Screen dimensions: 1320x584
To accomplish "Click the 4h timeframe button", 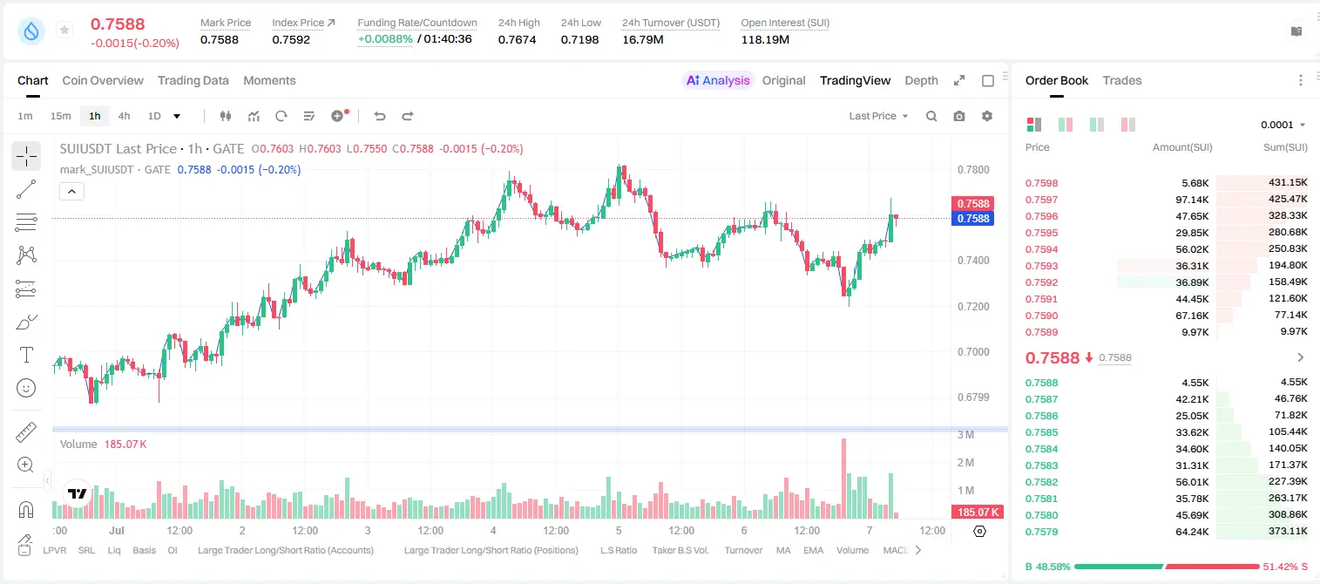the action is point(124,116).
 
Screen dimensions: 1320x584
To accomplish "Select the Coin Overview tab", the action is point(103,80).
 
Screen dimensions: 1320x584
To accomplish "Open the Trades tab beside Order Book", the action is point(1122,80).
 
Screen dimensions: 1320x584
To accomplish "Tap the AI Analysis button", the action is point(718,80).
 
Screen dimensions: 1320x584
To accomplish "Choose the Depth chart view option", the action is point(921,80).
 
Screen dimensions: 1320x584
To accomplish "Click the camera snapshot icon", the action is point(959,116).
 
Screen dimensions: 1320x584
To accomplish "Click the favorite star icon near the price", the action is point(64,30).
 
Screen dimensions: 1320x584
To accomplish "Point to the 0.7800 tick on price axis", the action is point(973,170).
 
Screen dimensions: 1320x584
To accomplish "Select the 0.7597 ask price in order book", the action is point(1041,200).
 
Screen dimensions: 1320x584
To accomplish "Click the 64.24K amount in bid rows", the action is point(1192,532).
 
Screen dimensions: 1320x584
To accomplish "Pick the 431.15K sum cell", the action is point(1288,183).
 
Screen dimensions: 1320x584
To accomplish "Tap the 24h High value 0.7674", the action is point(517,39).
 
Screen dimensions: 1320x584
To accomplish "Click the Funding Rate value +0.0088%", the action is point(385,39).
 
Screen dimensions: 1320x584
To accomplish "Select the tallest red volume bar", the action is point(844,479).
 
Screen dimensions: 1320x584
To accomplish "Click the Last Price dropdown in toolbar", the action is point(878,116).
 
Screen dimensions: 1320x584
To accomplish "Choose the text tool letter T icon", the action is point(26,355).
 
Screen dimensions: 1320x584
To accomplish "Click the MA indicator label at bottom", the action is point(783,550).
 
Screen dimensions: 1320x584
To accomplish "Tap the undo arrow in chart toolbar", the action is point(380,116).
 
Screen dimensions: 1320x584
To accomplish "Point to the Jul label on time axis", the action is point(116,530).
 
